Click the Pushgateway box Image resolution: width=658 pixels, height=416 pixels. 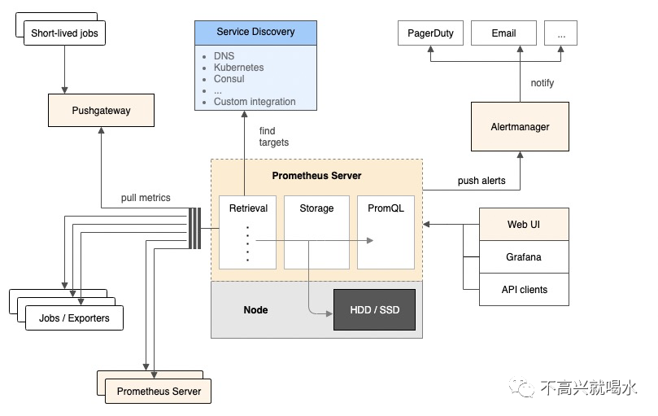click(101, 110)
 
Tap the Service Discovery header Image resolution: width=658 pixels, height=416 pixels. click(255, 32)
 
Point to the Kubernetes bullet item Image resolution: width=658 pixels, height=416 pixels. click(238, 68)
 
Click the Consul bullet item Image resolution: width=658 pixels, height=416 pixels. click(229, 79)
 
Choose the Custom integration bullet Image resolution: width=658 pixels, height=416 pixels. click(255, 102)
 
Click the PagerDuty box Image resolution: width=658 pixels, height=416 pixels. click(430, 33)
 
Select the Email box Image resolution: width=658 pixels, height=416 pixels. click(503, 33)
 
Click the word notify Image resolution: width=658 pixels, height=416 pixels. click(543, 83)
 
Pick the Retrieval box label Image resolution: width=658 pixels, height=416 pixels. click(248, 208)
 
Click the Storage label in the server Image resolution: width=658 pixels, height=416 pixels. click(316, 208)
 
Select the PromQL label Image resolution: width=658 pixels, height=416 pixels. click(386, 208)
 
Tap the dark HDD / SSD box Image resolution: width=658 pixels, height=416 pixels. click(374, 309)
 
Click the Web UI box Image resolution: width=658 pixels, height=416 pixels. click(524, 224)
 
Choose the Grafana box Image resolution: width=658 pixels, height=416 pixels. click(524, 257)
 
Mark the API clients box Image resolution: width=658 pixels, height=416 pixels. click(524, 289)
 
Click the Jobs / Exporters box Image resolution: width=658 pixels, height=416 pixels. click(74, 318)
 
